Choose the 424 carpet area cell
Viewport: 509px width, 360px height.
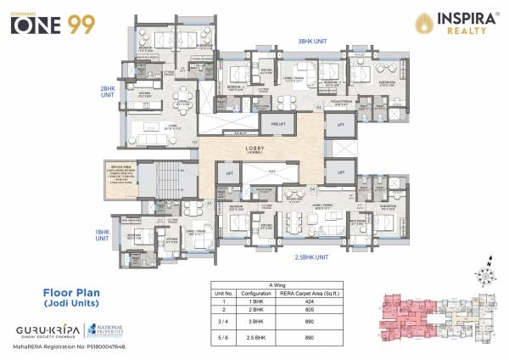[348, 301]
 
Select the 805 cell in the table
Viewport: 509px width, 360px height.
[348, 312]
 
